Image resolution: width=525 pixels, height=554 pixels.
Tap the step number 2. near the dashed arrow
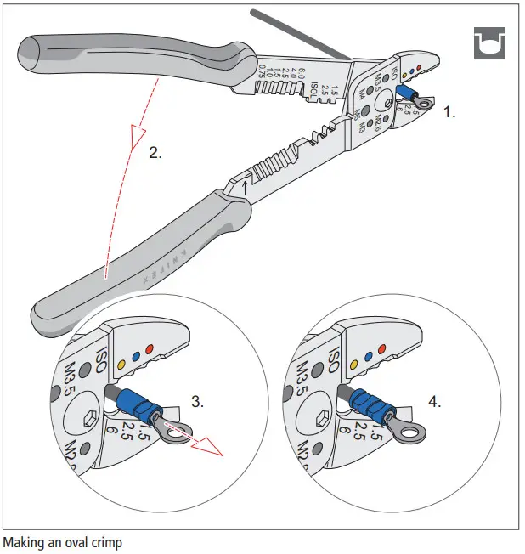[x=155, y=154]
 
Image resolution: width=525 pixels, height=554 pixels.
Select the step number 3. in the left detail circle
[x=197, y=402]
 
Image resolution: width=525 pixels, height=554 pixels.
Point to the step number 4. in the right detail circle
[x=435, y=402]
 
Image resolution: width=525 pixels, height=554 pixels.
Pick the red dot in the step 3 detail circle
[x=150, y=348]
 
